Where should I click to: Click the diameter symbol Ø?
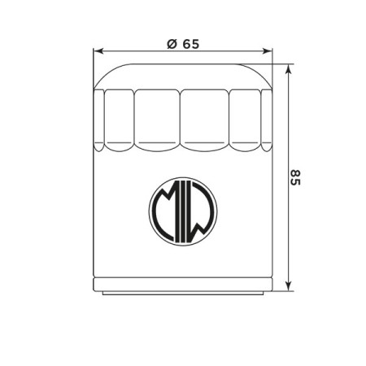172,44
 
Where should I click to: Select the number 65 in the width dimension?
190,44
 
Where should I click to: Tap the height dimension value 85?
295,177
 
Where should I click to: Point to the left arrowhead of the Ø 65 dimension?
98,51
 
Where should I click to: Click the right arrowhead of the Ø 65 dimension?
268,51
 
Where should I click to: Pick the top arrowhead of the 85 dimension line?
289,70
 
